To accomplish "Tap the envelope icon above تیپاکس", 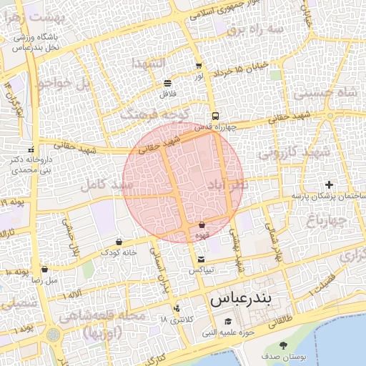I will click(200, 259).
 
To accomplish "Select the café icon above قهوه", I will click(202, 225).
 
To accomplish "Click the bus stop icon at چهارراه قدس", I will click(214, 116).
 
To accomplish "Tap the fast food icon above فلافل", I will click(167, 83).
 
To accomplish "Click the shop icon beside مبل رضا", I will click(45, 269).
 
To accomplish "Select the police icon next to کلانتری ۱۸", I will click(176, 308).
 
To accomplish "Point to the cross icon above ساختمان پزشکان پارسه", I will click(328, 185).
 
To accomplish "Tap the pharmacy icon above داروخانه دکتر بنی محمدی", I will click(31, 149).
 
